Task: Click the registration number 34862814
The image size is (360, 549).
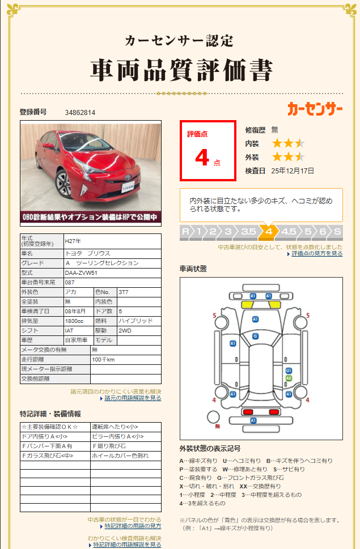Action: click(x=80, y=113)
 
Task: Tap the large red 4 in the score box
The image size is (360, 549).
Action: click(x=202, y=158)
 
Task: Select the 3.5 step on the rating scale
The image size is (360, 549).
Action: click(x=248, y=232)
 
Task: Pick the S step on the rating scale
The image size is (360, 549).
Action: click(x=337, y=232)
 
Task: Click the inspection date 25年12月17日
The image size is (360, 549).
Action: click(x=293, y=171)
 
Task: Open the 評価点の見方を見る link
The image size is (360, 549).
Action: click(x=317, y=254)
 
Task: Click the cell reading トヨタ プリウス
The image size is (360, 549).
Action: click(x=88, y=253)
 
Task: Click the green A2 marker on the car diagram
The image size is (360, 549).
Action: click(x=289, y=377)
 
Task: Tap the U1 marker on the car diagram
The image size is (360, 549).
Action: click(x=289, y=370)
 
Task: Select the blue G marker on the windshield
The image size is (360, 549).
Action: click(x=256, y=336)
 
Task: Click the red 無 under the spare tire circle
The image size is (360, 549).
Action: click(x=217, y=426)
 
